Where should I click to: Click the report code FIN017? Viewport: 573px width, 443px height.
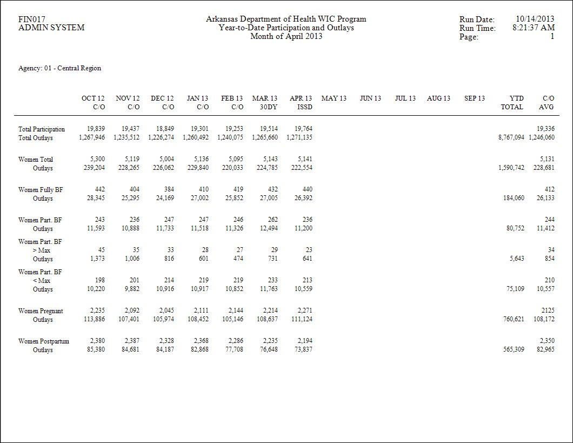point(32,19)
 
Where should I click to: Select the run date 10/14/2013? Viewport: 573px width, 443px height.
point(535,18)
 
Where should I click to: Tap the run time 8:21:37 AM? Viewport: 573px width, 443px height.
point(534,28)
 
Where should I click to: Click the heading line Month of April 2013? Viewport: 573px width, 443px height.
point(286,36)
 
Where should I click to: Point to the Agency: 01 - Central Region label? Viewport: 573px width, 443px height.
point(59,68)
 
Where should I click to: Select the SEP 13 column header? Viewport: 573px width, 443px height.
point(474,98)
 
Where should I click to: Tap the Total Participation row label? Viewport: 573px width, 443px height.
point(41,129)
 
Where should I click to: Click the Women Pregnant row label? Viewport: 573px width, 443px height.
point(41,310)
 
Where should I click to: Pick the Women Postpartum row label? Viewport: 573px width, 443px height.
point(43,341)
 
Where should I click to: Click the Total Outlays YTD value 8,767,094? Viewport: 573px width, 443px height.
point(511,137)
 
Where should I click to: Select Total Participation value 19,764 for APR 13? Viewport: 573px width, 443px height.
point(303,129)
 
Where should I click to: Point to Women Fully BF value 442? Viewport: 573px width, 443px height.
point(99,189)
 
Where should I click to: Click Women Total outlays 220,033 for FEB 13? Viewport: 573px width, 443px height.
point(232,168)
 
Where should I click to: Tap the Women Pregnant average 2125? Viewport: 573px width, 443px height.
point(548,310)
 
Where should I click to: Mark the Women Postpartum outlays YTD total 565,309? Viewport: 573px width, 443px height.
point(514,349)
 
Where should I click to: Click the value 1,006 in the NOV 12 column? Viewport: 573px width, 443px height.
point(130,259)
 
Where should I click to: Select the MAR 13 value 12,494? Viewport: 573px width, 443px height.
point(269,228)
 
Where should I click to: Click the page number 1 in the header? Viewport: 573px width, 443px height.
point(552,36)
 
